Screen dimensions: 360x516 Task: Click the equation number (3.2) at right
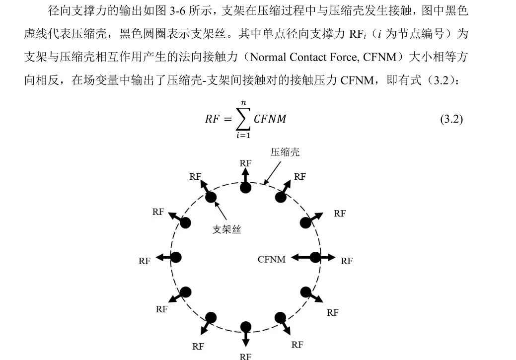[451, 119]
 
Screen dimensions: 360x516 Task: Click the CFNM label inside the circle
[272, 259]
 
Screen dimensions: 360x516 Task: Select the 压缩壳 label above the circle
[285, 152]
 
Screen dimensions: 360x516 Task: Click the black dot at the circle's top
[245, 187]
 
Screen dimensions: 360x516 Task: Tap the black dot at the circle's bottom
[245, 327]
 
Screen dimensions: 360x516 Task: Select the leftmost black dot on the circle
[176, 257]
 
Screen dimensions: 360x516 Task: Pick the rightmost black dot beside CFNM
[315, 257]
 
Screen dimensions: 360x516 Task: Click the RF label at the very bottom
[245, 356]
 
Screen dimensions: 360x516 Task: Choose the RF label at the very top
[245, 163]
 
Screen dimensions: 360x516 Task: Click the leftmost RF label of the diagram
[145, 261]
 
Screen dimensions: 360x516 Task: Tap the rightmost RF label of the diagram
[347, 261]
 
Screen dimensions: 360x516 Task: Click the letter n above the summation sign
[243, 102]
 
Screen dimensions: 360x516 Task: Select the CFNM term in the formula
[270, 119]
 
